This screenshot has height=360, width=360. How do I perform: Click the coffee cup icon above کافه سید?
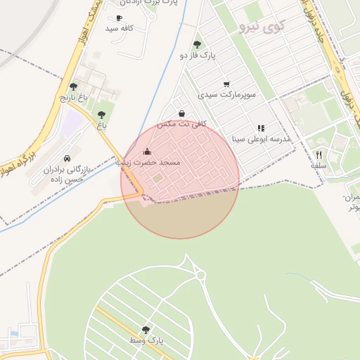[x=119, y=18]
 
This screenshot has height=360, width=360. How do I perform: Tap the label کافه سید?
[x=120, y=28]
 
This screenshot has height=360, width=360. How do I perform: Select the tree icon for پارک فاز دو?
[x=197, y=44]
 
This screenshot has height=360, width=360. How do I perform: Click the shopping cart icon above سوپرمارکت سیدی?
[x=226, y=84]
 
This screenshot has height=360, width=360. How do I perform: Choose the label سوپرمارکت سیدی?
[x=226, y=94]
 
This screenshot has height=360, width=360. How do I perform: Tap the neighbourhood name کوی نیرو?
[x=262, y=27]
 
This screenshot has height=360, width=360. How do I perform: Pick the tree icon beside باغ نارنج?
[x=73, y=86]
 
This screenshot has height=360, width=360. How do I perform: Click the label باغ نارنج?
[x=72, y=97]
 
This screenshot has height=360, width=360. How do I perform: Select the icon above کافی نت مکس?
[x=182, y=113]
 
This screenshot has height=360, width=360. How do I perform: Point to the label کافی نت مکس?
[x=174, y=124]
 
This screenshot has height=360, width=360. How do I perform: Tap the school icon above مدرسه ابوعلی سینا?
[x=261, y=128]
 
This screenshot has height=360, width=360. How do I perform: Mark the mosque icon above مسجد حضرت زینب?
[x=147, y=151]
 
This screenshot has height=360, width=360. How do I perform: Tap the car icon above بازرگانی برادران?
[x=67, y=159]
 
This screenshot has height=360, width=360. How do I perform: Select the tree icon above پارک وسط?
[x=146, y=329]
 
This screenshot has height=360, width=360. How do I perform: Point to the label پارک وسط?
[x=146, y=340]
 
